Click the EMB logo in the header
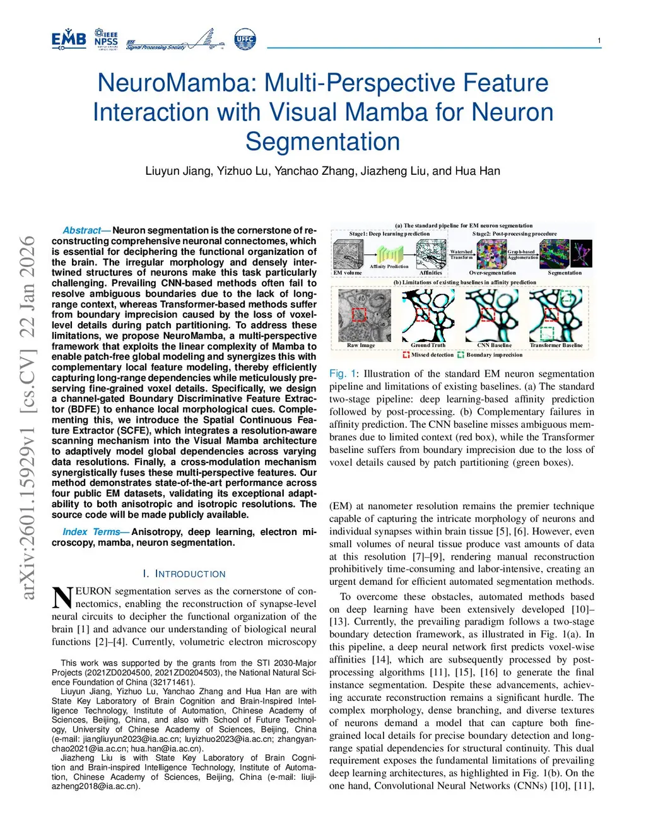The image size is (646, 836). pos(69,39)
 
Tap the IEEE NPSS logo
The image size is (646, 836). pos(106,39)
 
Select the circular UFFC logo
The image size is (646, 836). pos(245,39)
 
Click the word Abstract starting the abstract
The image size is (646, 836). pos(82,231)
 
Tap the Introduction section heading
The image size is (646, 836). pos(184,574)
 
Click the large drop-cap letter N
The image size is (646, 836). pos(62,597)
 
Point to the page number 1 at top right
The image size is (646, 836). pos(599,41)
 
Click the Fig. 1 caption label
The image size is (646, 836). pos(341,374)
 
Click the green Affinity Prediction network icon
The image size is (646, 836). pos(390,254)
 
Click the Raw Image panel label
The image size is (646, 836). pos(361,345)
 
